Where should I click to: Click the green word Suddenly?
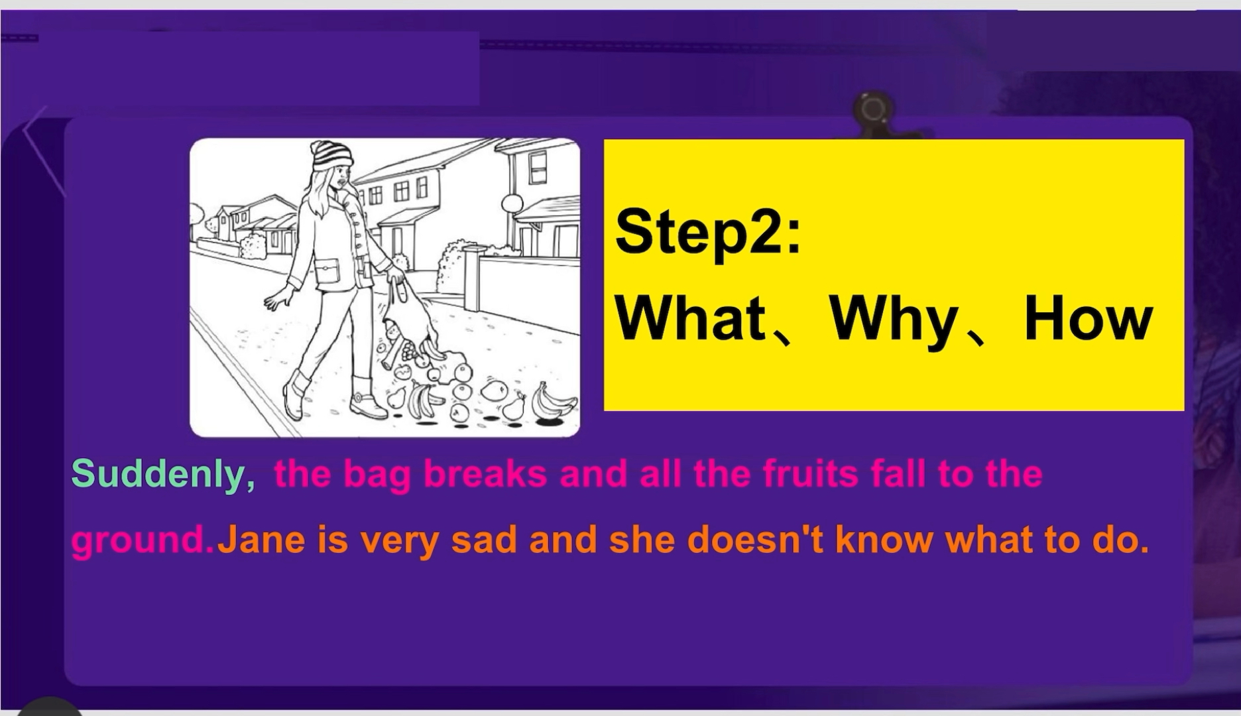pos(163,475)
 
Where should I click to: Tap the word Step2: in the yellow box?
pos(708,232)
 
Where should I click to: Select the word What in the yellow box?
pos(691,319)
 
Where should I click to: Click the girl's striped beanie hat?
pos(331,156)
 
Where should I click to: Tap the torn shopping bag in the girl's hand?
pos(406,322)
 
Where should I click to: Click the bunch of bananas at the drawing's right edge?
pos(552,400)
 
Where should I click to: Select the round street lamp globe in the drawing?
pos(512,202)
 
